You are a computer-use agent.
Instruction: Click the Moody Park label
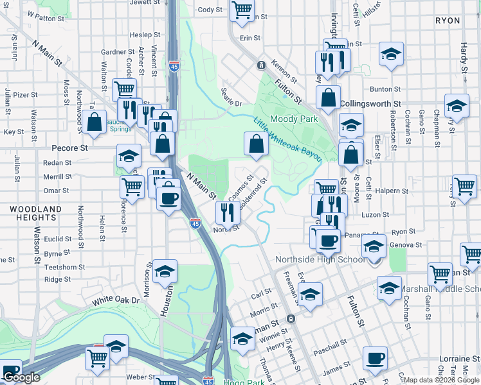294,119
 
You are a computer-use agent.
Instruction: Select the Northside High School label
320,260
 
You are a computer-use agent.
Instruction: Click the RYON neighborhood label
448,21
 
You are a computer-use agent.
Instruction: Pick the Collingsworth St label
370,103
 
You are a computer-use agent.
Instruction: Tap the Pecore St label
69,148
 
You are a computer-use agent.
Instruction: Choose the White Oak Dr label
116,300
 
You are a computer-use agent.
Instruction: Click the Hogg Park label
244,381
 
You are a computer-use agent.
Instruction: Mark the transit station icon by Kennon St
261,65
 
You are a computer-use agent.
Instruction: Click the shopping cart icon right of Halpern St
464,187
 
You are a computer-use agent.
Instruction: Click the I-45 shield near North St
195,223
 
